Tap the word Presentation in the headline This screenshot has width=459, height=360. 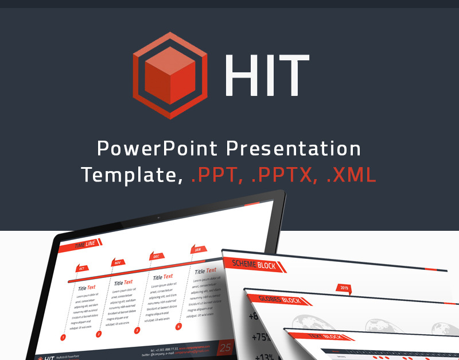[294, 149]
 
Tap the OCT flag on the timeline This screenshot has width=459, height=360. [82, 268]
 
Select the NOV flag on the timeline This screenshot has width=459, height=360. [118, 262]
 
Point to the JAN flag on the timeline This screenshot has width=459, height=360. [197, 250]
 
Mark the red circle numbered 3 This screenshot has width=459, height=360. [137, 331]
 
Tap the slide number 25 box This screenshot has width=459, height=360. [225, 348]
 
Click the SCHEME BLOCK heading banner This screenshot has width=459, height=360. [253, 265]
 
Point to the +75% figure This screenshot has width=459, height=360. [260, 337]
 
